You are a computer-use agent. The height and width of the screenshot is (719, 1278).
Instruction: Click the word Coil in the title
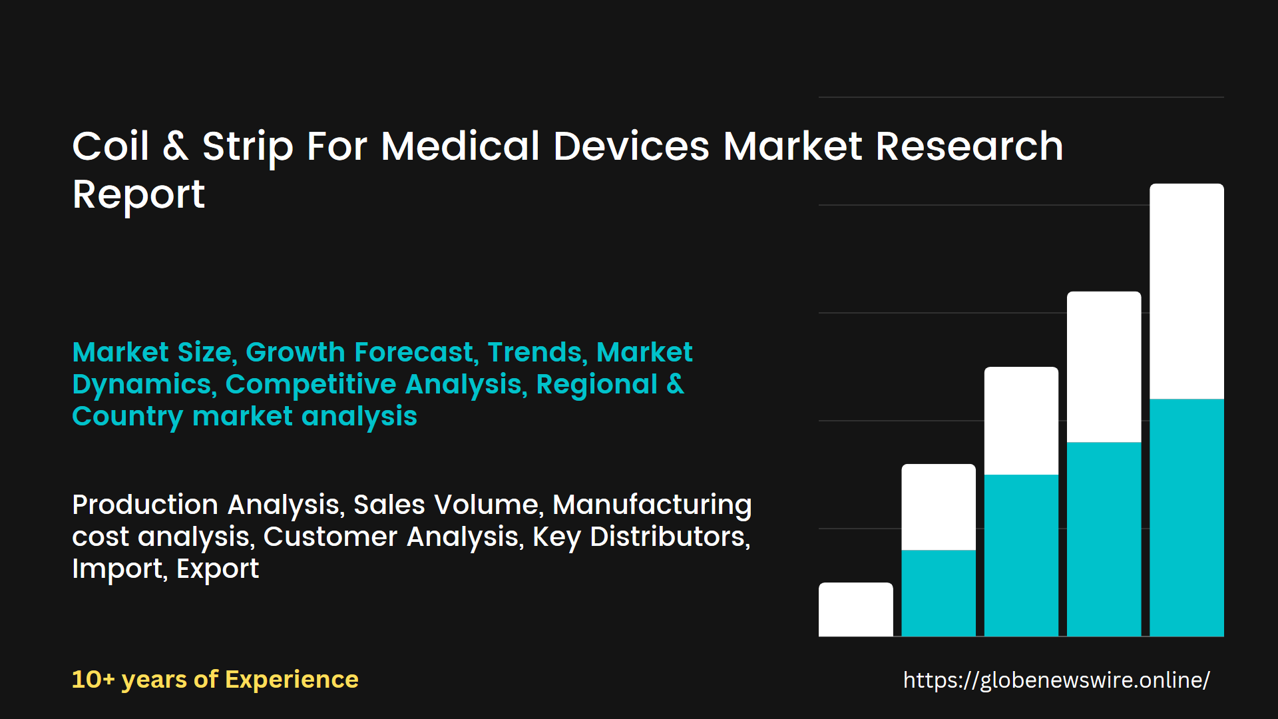tap(110, 146)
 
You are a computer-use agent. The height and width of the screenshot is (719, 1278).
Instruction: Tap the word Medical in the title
tap(460, 146)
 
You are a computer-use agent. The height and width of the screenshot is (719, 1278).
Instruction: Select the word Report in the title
tap(138, 195)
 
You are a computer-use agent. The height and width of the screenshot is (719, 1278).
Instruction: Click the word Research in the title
tap(969, 146)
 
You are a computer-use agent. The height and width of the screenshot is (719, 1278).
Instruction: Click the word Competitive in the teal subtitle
tap(310, 385)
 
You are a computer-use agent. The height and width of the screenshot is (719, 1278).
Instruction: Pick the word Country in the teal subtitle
tap(127, 417)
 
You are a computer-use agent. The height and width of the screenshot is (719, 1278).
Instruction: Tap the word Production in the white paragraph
tap(145, 505)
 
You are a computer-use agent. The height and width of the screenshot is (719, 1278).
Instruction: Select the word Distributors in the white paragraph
tap(670, 537)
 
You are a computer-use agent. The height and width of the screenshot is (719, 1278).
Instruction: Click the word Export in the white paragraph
tap(218, 569)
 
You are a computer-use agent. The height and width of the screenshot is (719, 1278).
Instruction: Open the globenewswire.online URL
tap(1056, 680)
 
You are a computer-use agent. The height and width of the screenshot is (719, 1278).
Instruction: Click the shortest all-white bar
tap(855, 610)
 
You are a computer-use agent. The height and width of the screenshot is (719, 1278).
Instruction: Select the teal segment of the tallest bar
tap(1186, 517)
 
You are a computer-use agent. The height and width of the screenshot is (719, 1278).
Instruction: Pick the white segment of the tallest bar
tap(1186, 291)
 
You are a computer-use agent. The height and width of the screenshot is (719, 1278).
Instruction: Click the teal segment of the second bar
tap(939, 593)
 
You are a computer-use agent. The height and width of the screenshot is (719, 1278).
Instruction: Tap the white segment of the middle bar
tap(1021, 421)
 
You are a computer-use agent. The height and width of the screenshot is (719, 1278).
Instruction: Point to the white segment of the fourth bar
tap(1104, 367)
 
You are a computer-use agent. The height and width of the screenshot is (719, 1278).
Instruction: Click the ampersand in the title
tap(175, 146)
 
